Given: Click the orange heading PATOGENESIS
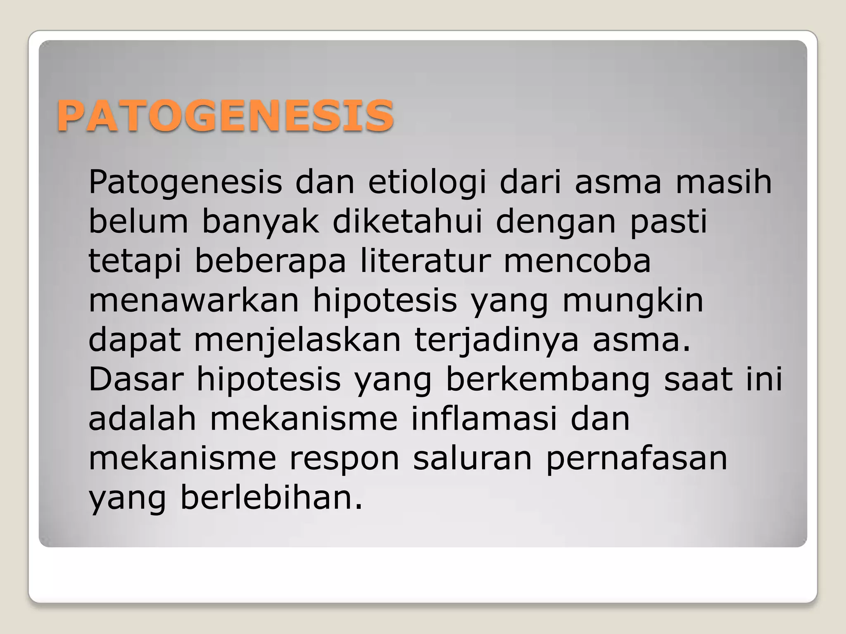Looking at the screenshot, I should pyautogui.click(x=225, y=116).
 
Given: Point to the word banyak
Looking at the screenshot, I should pyautogui.click(x=261, y=222).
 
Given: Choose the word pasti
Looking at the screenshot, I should pyautogui.click(x=668, y=222).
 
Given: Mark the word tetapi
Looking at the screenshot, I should pyautogui.click(x=135, y=262).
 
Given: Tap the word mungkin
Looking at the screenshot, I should pyautogui.click(x=633, y=301).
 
